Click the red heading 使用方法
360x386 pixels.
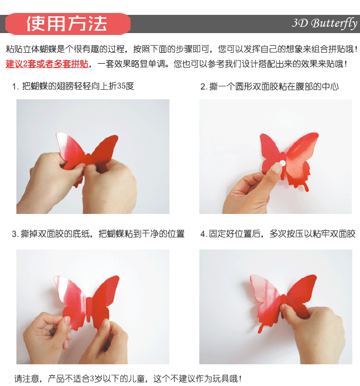coord(67,24)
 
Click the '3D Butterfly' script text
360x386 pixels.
coord(324,23)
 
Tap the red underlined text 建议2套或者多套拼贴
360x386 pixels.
coord(47,64)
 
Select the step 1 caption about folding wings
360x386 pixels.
coord(73,86)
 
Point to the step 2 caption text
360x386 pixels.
coord(270,86)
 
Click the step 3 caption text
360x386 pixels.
coord(98,234)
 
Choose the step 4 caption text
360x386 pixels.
coord(278,234)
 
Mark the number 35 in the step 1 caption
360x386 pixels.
coord(121,86)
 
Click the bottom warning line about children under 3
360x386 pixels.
coord(128,378)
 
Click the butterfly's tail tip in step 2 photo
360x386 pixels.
coord(307,190)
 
